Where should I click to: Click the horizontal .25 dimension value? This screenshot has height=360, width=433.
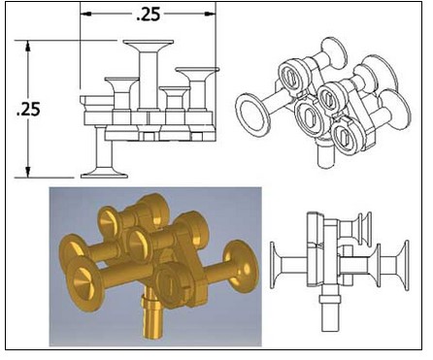[x=149, y=15]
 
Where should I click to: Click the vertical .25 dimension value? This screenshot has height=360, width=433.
[x=28, y=109]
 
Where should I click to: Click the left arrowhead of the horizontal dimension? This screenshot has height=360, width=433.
[x=85, y=14]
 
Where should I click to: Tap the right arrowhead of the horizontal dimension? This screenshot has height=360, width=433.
[x=211, y=14]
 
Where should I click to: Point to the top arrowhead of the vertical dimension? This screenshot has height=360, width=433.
[x=28, y=46]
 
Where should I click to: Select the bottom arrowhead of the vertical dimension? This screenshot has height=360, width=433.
[x=28, y=172]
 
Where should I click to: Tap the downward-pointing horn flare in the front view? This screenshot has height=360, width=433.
[x=104, y=173]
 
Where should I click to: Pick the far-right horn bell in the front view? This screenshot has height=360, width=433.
[x=197, y=72]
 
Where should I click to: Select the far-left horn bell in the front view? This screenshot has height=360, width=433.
[x=121, y=82]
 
